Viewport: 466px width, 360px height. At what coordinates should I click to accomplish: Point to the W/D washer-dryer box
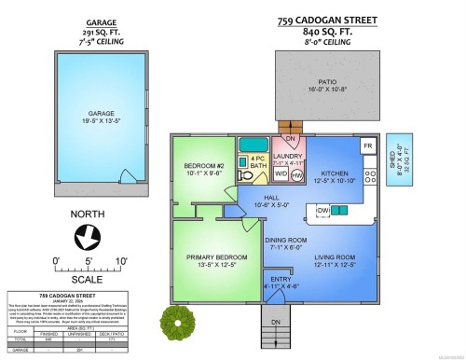tap(281, 174)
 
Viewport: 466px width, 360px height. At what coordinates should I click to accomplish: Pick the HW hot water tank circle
tap(297, 174)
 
